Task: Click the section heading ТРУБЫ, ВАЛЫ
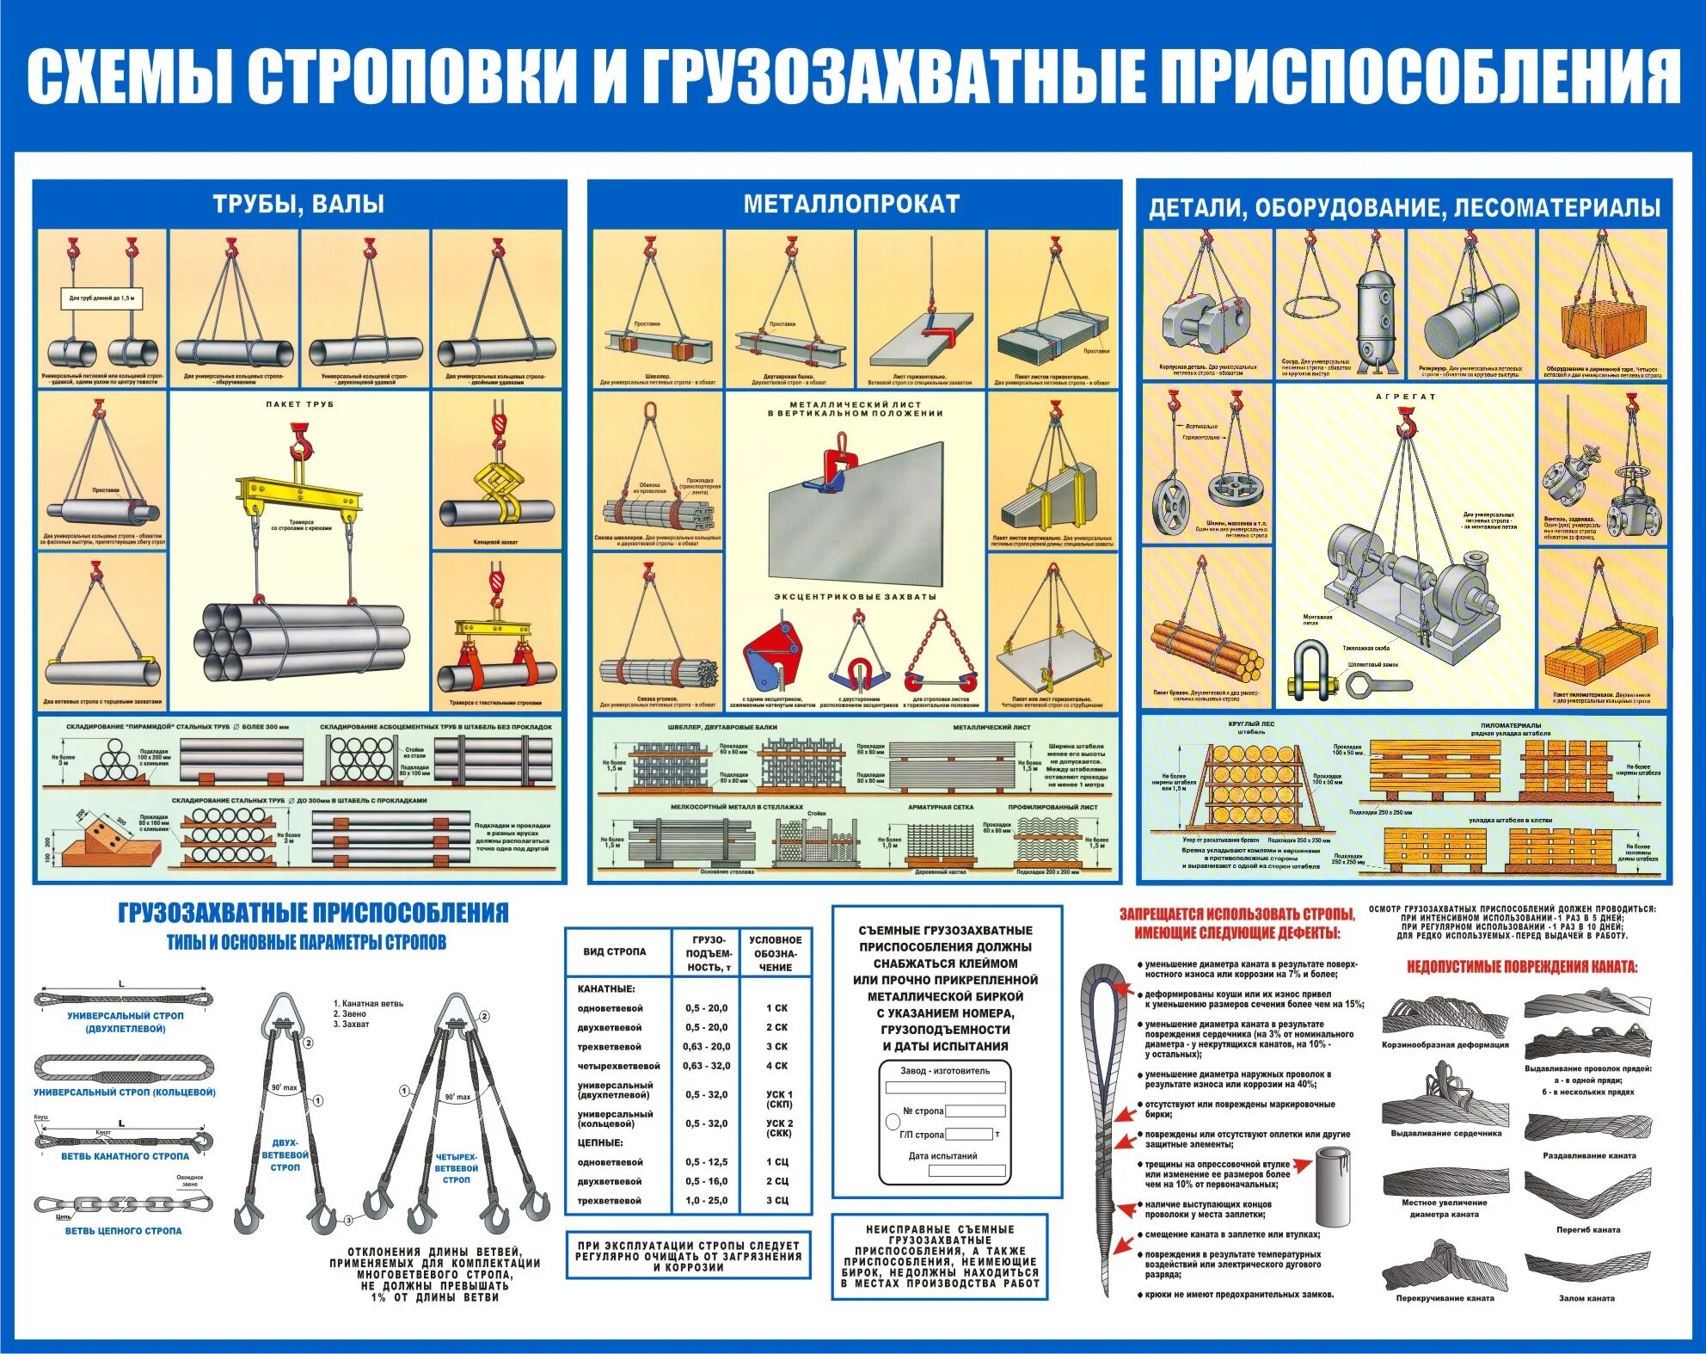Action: point(298,205)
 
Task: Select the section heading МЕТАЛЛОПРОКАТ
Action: point(851,204)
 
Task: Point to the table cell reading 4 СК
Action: point(776,1066)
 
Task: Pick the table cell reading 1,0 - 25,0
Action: point(706,1200)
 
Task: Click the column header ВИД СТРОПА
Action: point(614,951)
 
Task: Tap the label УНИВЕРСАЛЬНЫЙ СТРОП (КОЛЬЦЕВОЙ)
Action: point(125,1092)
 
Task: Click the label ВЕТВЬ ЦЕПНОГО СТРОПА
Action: point(124,1231)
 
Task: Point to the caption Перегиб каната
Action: point(1588,1229)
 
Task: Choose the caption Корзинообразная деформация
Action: point(1445,1044)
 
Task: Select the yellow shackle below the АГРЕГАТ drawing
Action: point(1308,672)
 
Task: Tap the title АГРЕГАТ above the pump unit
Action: point(1406,397)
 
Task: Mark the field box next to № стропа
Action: point(974,1111)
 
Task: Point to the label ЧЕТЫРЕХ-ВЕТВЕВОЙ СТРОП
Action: point(456,1168)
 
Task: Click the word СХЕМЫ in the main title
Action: point(129,76)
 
